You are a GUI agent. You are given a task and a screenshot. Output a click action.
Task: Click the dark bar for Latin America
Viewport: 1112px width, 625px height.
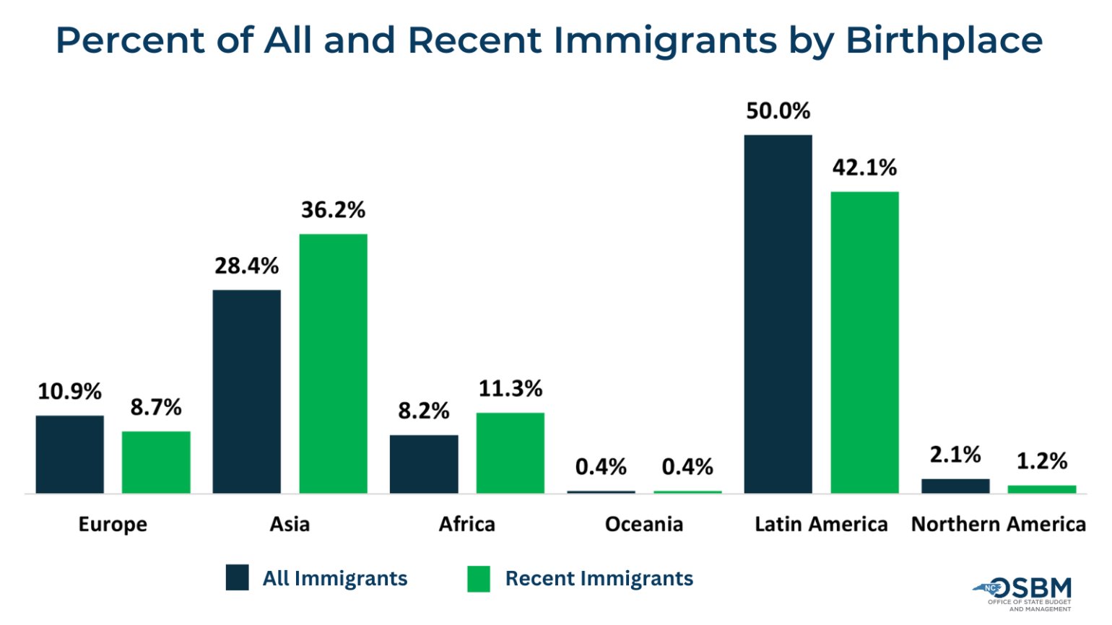tap(778, 314)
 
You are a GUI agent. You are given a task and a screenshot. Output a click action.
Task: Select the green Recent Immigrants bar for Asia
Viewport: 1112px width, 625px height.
tap(333, 364)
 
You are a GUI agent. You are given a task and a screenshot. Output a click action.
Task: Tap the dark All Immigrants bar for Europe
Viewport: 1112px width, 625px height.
tap(69, 454)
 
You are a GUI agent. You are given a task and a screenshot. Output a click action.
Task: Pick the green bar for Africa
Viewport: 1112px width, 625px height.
tap(510, 453)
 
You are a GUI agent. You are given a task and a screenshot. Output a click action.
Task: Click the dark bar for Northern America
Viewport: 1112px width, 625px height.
tap(955, 486)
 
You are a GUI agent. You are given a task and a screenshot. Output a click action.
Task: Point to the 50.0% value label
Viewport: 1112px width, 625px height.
tap(778, 111)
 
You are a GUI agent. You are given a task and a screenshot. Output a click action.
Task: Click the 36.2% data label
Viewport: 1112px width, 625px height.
tap(333, 210)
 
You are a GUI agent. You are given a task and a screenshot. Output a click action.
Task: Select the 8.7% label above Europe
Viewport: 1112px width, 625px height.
tap(156, 408)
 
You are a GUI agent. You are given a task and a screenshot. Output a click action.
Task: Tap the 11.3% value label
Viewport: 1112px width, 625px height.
tap(510, 389)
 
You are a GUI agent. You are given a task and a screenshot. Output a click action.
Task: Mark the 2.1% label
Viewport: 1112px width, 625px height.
tap(955, 455)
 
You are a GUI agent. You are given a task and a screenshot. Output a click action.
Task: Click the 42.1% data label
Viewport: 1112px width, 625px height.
tap(864, 168)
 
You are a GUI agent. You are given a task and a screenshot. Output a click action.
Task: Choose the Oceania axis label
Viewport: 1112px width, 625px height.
tap(643, 524)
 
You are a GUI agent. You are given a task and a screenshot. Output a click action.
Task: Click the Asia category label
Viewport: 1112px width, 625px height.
tap(290, 524)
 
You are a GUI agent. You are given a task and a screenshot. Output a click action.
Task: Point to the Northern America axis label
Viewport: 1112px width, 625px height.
tap(998, 524)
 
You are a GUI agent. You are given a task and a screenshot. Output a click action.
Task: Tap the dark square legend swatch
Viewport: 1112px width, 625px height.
tap(237, 578)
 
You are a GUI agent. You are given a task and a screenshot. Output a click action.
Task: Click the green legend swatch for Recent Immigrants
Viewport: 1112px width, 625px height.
tap(479, 578)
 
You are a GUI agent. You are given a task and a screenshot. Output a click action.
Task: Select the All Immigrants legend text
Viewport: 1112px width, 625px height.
tap(334, 578)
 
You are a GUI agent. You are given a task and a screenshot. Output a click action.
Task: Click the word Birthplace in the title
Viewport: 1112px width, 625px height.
tap(944, 40)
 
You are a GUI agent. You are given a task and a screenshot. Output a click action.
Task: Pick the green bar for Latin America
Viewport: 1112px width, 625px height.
tap(864, 343)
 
